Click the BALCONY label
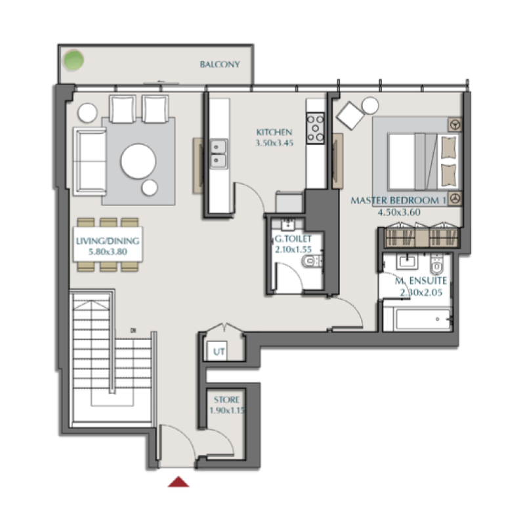(220, 64)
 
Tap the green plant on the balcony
(73, 60)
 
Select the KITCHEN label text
(274, 132)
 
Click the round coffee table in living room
(138, 161)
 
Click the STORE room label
(226, 400)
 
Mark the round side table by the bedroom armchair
(369, 106)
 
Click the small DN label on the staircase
(133, 330)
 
